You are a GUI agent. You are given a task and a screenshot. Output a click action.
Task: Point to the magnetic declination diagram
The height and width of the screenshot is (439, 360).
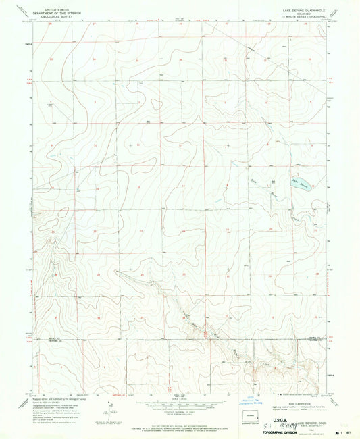click(108, 410)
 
